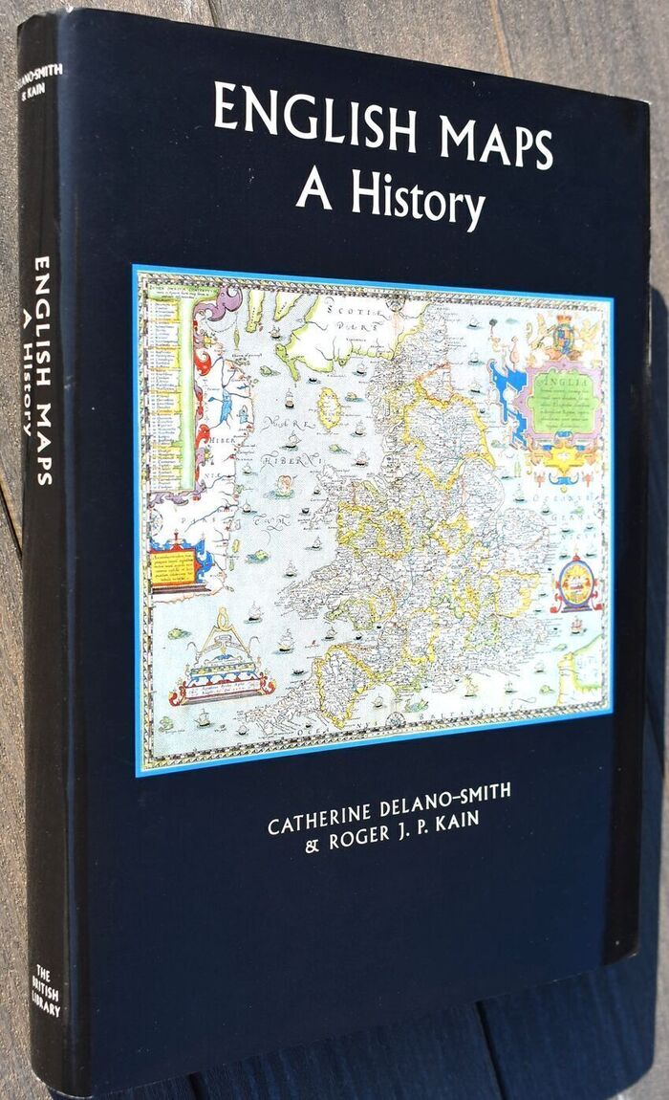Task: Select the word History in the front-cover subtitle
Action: click(x=419, y=200)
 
